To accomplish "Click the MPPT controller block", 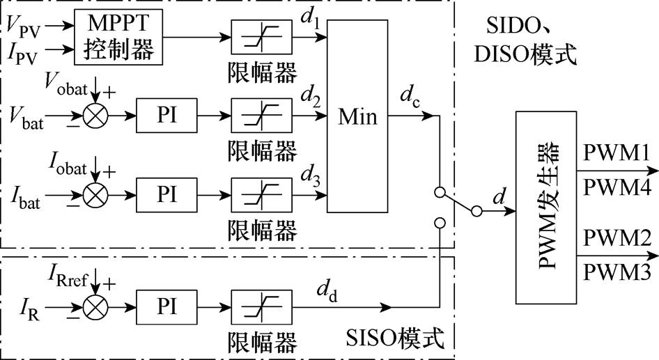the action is [x=118, y=37].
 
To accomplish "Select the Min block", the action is [x=357, y=116].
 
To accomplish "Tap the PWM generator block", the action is [x=546, y=207].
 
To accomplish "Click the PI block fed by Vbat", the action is [x=166, y=115].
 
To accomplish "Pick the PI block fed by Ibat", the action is [x=166, y=195].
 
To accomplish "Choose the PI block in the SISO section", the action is [x=166, y=307].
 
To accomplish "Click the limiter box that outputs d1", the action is [x=261, y=37].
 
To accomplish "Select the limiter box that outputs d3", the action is [x=261, y=195].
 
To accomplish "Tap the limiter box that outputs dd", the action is [x=261, y=307].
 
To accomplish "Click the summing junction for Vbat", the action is [x=95, y=116].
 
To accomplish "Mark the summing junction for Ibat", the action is [x=95, y=196].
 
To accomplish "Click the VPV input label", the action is [x=24, y=26].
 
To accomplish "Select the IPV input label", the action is [x=22, y=53].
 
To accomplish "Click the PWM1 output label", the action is [x=617, y=153].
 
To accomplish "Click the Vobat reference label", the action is [x=66, y=84].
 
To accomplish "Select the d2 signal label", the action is [x=310, y=97].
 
